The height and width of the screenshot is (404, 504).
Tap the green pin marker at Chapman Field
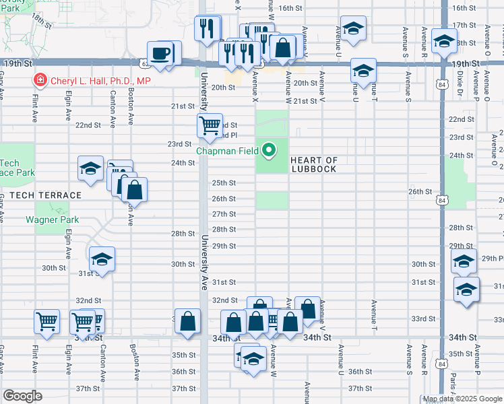pos(270,149)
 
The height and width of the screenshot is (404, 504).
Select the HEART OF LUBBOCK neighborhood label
pos(314,164)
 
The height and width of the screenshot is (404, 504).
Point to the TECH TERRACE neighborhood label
pos(40,195)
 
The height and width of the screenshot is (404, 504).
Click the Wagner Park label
pos(53,220)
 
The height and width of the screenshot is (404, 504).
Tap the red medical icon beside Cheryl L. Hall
pos(40,81)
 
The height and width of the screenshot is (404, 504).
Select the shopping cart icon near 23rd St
pos(210,125)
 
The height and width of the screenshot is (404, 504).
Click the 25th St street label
pos(224,182)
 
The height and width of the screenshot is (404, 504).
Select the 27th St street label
pos(224,214)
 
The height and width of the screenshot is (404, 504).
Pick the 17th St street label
pos(464,25)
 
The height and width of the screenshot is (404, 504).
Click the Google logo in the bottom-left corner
pos(22,396)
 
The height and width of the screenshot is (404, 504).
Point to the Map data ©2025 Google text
pos(462,399)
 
